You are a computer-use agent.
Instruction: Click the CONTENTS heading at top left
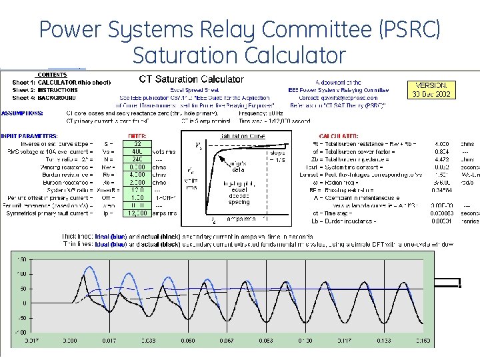click(x=51, y=75)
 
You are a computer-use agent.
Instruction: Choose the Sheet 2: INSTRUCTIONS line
click(x=45, y=89)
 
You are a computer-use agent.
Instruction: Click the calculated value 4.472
click(x=441, y=159)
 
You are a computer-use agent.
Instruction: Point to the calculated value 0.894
click(x=441, y=151)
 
